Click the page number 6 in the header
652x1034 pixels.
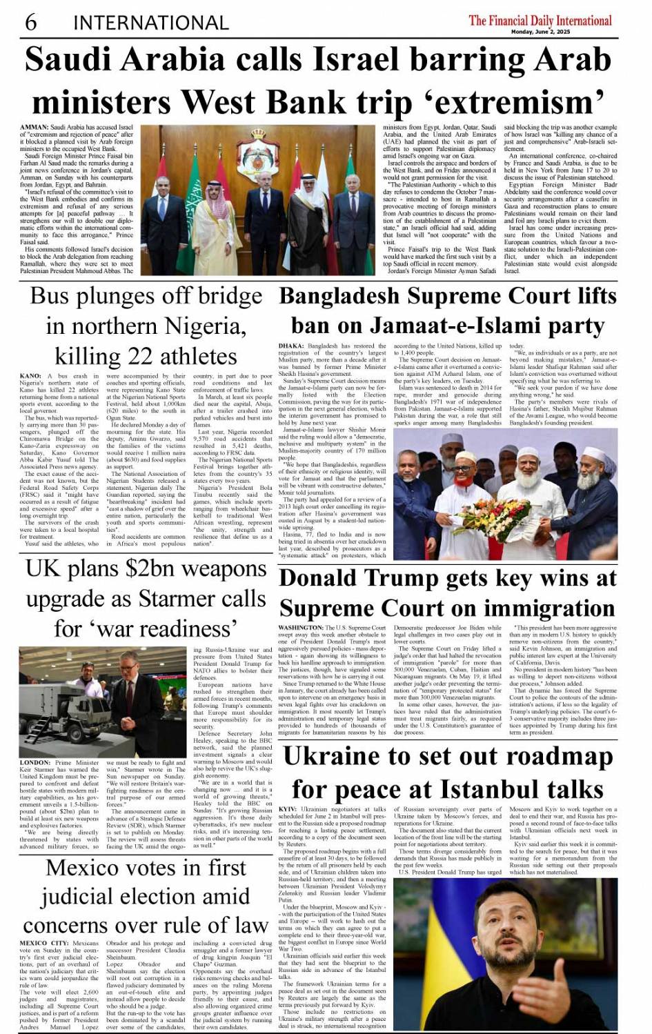[31, 22]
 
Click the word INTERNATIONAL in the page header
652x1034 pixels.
[150, 23]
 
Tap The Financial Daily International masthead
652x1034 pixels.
[540, 20]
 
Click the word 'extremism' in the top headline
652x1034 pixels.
[507, 103]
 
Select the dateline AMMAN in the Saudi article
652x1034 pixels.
[34, 128]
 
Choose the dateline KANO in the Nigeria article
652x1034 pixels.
[30, 376]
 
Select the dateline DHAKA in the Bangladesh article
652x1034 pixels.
[291, 346]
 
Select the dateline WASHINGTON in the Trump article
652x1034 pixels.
[301, 628]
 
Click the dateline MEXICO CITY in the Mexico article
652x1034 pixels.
[44, 943]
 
